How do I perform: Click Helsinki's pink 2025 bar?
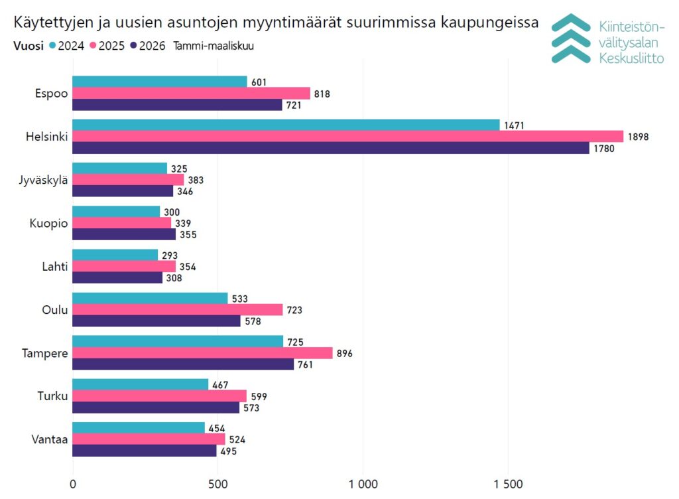pos(347,137)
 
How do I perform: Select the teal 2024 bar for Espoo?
pos(159,82)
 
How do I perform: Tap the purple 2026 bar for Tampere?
pos(182,364)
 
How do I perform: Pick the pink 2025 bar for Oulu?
pos(177,310)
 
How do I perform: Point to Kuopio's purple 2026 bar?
pos(124,234)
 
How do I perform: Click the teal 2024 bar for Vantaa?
pos(139,427)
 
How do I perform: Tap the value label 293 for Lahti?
pos(170,255)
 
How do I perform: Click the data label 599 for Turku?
pos(259,396)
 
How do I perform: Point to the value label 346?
pos(186,191)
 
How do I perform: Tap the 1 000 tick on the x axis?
pos(363,483)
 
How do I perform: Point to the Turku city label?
pos(53,396)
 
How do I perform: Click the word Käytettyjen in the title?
pos(48,24)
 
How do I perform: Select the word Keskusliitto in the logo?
pos(631,58)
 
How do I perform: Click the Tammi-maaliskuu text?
pos(214,46)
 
